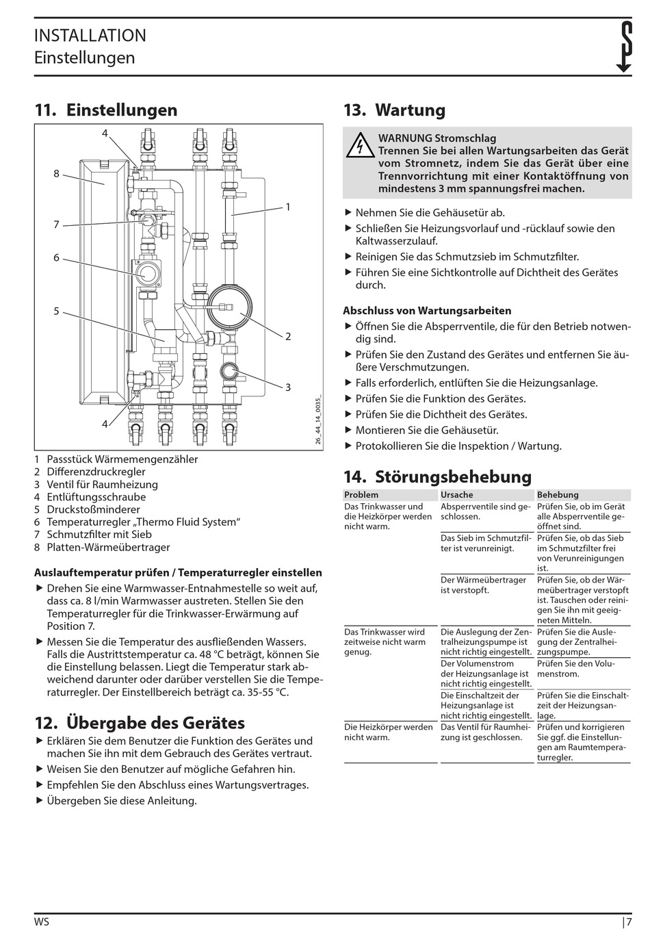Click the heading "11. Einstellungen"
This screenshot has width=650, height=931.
pos(106,110)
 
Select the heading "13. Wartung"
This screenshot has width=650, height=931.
pos(394,110)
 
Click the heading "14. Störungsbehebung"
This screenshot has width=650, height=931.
pos(437,476)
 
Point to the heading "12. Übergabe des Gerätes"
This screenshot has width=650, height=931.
pos(140,723)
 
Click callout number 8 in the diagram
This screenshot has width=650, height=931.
pos(57,174)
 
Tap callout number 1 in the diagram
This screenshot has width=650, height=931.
pos(288,207)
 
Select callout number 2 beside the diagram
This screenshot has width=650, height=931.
pos(288,336)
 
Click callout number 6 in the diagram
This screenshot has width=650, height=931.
pos(57,258)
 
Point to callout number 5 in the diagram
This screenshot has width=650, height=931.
pos(57,311)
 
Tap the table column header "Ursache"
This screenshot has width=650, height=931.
pos(457,495)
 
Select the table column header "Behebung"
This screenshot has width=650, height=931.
pos(558,495)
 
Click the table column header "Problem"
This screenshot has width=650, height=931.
pos(361,495)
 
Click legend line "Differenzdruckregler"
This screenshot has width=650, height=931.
pos(96,472)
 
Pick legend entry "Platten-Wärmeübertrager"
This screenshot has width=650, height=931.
pos(108,547)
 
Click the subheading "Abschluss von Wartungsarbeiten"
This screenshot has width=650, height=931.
pos(427,311)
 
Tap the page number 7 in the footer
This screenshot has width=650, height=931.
pos(628,921)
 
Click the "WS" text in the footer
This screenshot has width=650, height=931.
pos(42,921)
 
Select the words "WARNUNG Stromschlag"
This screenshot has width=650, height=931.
pos(437,138)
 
